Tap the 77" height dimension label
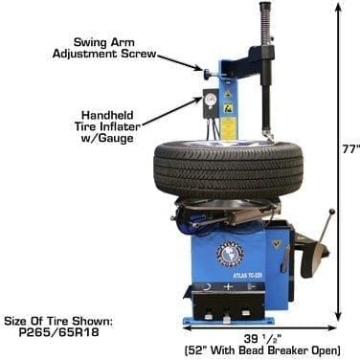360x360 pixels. (349, 149)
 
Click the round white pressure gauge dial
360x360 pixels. (209, 99)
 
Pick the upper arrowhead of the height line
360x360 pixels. (338, 7)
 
